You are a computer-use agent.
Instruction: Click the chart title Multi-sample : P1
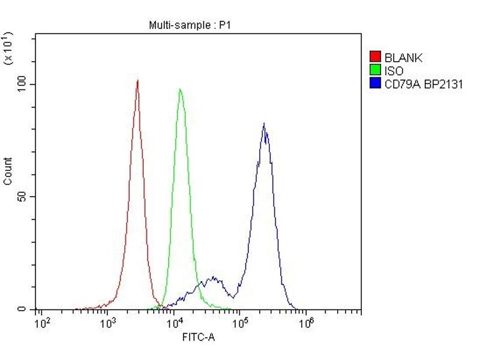click(182, 25)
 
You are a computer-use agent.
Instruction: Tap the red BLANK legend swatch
click(376, 58)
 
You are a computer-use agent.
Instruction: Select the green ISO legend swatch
click(376, 71)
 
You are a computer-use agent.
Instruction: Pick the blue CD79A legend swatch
click(376, 84)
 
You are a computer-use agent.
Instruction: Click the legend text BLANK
click(403, 58)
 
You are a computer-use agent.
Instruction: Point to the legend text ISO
click(394, 71)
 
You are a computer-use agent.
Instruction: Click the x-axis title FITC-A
click(199, 337)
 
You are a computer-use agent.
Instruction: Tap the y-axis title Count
click(8, 171)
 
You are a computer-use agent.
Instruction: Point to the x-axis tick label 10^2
click(42, 324)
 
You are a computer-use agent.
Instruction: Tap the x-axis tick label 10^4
click(173, 324)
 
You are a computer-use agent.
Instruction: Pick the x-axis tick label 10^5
click(239, 324)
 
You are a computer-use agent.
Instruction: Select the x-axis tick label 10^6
click(305, 324)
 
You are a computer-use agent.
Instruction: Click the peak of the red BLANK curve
click(137, 80)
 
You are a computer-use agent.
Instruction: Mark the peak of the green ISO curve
click(180, 89)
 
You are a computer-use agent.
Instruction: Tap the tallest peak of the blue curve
click(263, 124)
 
